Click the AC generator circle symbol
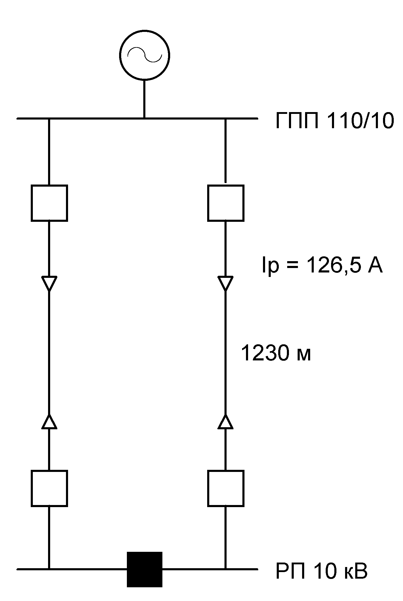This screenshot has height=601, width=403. pos(145,55)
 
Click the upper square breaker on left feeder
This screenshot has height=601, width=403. pos(49,203)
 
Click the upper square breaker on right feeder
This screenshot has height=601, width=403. pos(226,203)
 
